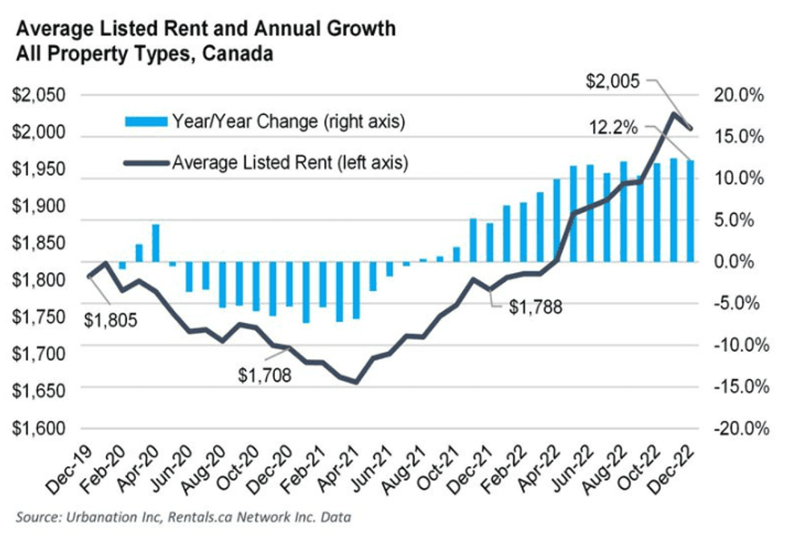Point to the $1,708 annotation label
(265, 374)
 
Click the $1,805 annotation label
(111, 320)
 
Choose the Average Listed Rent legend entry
(265, 162)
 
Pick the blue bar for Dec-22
(689, 211)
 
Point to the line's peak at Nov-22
(672, 113)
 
